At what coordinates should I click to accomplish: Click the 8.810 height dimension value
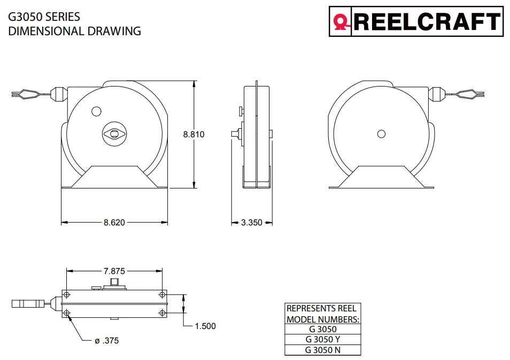pyautogui.click(x=194, y=135)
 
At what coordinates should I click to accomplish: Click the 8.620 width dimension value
pyautogui.click(x=114, y=222)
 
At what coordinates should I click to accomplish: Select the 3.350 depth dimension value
pyautogui.click(x=251, y=222)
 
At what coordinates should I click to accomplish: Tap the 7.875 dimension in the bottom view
pyautogui.click(x=114, y=271)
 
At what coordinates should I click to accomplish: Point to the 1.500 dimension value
pyautogui.click(x=205, y=326)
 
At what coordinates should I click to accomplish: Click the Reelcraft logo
pyautogui.click(x=416, y=21)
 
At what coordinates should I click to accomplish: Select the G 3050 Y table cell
pyautogui.click(x=322, y=340)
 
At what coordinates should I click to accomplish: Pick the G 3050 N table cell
pyautogui.click(x=322, y=350)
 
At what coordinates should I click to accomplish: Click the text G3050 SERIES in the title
pyautogui.click(x=44, y=17)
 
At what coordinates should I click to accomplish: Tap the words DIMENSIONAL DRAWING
pyautogui.click(x=74, y=31)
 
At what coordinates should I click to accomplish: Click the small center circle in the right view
pyautogui.click(x=381, y=134)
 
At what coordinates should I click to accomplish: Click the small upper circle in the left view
pyautogui.click(x=96, y=111)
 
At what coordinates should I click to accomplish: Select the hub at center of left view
pyautogui.click(x=114, y=134)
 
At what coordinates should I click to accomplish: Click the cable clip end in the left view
pyautogui.click(x=25, y=95)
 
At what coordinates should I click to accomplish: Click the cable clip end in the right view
pyautogui.click(x=470, y=95)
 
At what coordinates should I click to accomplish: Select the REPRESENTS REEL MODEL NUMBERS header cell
pyautogui.click(x=322, y=314)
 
